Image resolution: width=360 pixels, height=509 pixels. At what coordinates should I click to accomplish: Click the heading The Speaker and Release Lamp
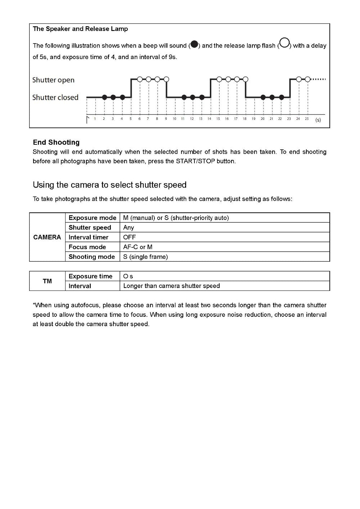(80, 29)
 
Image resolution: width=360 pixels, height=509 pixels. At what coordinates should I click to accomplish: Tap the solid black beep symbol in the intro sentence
(194, 45)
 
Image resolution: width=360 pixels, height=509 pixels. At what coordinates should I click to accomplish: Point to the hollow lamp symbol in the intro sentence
(284, 43)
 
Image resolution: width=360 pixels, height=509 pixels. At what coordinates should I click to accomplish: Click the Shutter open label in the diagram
(53, 80)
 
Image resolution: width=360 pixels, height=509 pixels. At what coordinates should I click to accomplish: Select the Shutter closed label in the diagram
(55, 98)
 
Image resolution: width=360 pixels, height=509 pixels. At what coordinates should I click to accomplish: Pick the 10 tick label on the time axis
(174, 119)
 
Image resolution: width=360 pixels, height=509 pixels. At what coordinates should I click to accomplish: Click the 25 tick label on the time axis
(307, 119)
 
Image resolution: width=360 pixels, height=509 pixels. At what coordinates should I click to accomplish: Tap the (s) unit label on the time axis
(318, 120)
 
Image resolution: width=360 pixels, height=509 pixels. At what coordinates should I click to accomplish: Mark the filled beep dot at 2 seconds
(104, 97)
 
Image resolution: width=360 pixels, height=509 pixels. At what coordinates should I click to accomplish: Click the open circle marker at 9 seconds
(166, 79)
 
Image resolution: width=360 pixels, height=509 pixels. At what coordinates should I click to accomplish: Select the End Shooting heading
(56, 143)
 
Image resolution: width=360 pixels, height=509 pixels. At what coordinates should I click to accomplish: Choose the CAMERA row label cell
(47, 237)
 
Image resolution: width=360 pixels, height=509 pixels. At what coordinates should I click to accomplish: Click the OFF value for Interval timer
(130, 237)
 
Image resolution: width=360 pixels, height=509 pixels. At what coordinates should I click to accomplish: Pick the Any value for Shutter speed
(129, 228)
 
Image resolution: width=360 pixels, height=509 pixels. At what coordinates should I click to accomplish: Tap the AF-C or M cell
(138, 247)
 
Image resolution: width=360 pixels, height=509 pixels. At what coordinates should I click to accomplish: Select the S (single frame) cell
(145, 257)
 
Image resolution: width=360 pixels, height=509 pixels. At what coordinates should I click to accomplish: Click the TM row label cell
(47, 281)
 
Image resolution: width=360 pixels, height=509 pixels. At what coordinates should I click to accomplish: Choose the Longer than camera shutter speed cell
(171, 286)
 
